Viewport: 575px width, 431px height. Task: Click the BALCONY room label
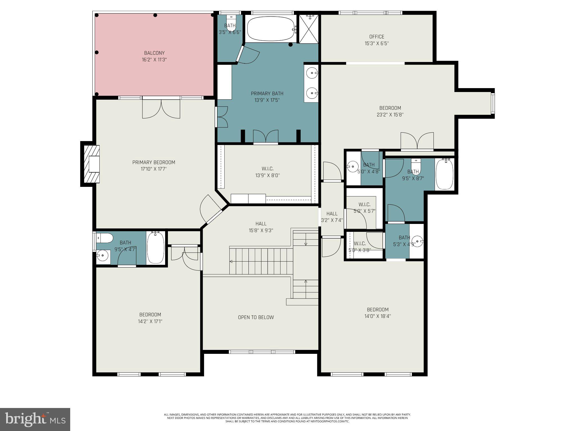[x=154, y=53]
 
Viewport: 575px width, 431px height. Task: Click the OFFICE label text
[x=377, y=37]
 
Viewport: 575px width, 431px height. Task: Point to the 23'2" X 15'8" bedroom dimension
[x=390, y=114]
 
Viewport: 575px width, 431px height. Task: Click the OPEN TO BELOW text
[x=256, y=317]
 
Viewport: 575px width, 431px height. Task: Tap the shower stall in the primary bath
[x=309, y=29]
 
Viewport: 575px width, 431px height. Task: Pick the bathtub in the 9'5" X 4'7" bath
[x=156, y=247]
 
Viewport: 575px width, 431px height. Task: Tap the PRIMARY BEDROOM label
[x=154, y=162]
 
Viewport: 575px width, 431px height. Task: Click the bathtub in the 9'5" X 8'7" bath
[x=444, y=174]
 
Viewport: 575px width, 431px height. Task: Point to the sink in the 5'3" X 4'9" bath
[x=418, y=241]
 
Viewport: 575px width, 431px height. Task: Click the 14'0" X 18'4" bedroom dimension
[x=378, y=316]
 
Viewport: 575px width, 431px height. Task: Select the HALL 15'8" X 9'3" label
[x=261, y=227]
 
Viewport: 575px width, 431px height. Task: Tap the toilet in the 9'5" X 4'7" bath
[x=104, y=238]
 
